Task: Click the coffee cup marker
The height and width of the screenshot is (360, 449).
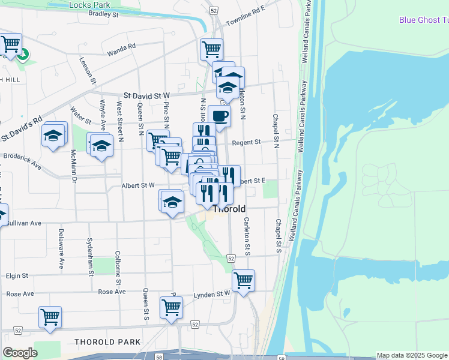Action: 219,116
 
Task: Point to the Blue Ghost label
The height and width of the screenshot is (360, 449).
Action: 423,20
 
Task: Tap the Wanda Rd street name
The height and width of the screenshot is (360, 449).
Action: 122,49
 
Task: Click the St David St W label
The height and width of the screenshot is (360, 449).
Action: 147,95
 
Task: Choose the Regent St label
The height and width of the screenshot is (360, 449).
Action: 247,142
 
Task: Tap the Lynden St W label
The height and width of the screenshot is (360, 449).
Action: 212,295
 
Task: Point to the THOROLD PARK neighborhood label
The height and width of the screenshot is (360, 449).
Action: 107,341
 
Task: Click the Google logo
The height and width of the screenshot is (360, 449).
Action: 20,353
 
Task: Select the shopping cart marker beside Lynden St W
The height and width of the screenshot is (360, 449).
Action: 243,280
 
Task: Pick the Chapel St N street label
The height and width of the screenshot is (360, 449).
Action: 277,131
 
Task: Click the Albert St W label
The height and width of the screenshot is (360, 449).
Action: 138,185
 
